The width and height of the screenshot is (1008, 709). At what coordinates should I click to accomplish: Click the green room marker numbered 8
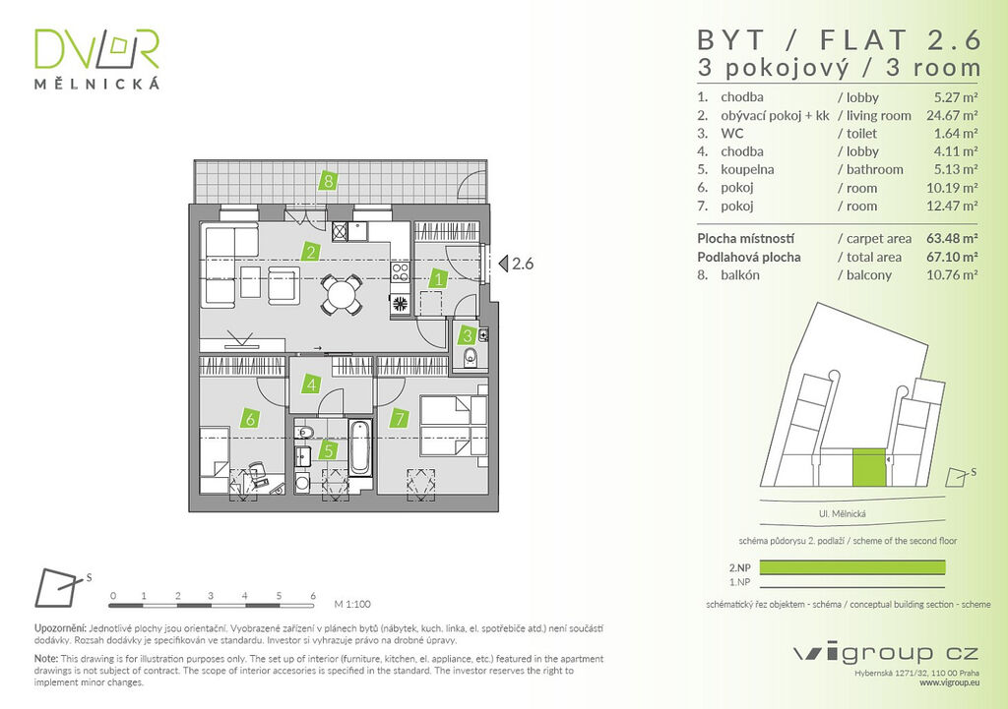pyautogui.click(x=329, y=181)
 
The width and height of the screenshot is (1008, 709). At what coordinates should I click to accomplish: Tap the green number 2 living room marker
pyautogui.click(x=310, y=252)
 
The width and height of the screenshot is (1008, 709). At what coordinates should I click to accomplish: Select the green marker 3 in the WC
pyautogui.click(x=468, y=335)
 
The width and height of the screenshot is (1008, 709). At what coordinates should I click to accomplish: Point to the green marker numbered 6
pyautogui.click(x=250, y=419)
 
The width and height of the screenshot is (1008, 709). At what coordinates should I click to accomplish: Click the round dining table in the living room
pyautogui.click(x=341, y=295)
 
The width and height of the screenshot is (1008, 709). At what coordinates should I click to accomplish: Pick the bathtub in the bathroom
pyautogui.click(x=360, y=447)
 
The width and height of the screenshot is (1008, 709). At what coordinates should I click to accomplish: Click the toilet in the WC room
pyautogui.click(x=470, y=357)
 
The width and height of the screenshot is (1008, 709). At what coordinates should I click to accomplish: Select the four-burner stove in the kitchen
pyautogui.click(x=400, y=272)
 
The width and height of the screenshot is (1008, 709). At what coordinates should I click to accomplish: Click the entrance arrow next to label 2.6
pyautogui.click(x=503, y=264)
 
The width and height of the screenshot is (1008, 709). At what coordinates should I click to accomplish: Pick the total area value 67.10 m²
pyautogui.click(x=952, y=257)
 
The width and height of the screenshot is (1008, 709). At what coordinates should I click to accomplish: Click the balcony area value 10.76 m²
pyautogui.click(x=952, y=275)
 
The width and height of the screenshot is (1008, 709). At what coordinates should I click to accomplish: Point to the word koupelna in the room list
pyautogui.click(x=747, y=169)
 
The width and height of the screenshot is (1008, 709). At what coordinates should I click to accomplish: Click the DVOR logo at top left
pyautogui.click(x=96, y=58)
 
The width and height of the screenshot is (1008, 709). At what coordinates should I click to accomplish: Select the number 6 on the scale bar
pyautogui.click(x=313, y=596)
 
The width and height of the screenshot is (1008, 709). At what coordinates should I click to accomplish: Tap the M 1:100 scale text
pyautogui.click(x=352, y=605)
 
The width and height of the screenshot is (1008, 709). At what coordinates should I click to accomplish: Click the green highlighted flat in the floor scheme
pyautogui.click(x=869, y=467)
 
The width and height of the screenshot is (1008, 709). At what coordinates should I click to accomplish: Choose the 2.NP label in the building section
pyautogui.click(x=740, y=567)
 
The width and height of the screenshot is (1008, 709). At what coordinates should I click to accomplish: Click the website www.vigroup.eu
pyautogui.click(x=949, y=683)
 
